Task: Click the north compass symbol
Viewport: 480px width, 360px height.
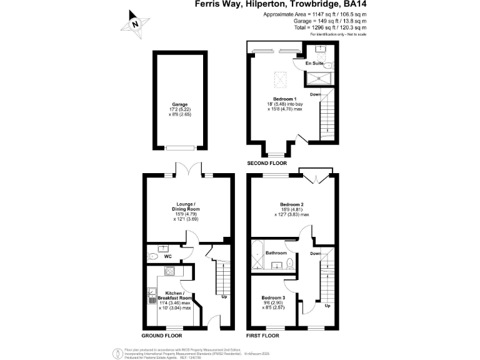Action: [135, 24]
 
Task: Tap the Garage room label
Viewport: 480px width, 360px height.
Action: [180, 104]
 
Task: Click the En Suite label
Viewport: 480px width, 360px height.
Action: [314, 64]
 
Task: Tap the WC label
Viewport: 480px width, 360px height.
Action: [167, 256]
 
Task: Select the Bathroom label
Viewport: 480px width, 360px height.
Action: [276, 253]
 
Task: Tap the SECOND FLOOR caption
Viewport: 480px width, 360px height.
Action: [266, 163]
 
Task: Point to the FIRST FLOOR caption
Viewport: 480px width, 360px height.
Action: [262, 336]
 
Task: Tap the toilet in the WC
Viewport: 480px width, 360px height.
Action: [154, 256]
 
